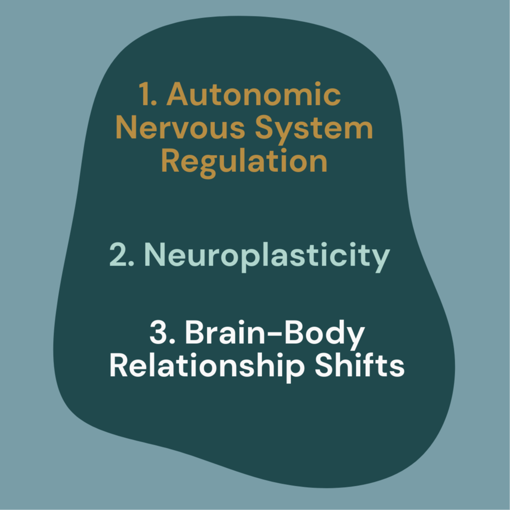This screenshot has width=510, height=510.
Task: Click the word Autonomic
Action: tap(254, 95)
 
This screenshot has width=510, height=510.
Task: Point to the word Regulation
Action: tap(244, 162)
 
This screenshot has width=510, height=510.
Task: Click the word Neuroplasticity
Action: tap(266, 255)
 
